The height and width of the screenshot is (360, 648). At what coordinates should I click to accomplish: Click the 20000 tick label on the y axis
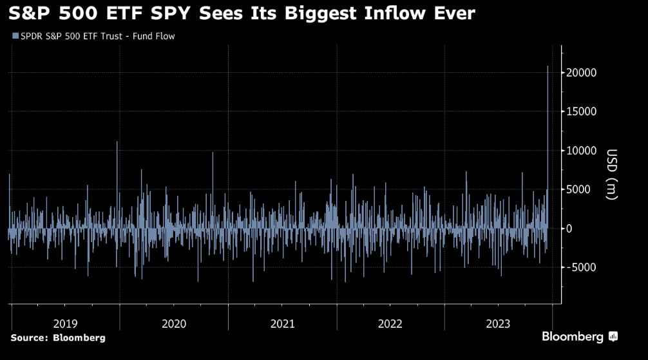coord(582,73)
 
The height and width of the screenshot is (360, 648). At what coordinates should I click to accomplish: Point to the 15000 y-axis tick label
coord(582,111)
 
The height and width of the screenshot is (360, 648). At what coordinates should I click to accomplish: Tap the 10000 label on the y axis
coord(582,151)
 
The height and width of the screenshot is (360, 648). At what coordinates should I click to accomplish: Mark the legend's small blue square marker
coord(14,36)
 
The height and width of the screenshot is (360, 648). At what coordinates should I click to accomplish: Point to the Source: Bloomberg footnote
coord(57,337)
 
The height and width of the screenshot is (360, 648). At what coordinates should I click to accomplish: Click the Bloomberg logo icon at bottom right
coord(613,336)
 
